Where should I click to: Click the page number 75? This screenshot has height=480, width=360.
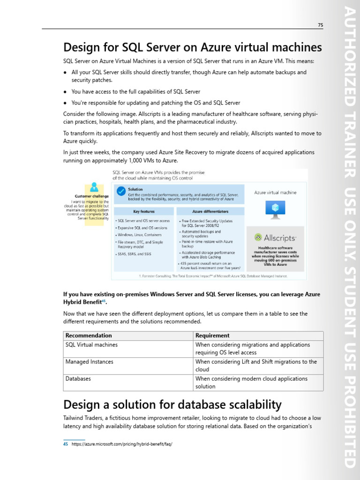(x=320, y=25)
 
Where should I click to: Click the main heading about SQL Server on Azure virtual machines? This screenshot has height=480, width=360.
(x=192, y=48)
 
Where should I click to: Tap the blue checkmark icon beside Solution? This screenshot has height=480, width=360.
(x=121, y=191)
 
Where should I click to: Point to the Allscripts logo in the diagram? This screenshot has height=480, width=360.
(x=275, y=238)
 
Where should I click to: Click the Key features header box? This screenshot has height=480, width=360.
(x=143, y=211)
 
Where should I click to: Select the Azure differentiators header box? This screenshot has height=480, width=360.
(x=210, y=211)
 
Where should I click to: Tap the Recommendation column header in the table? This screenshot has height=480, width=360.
(x=89, y=336)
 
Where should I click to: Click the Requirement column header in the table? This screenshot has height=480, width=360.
(x=212, y=336)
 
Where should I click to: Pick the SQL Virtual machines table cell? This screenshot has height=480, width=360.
(x=91, y=345)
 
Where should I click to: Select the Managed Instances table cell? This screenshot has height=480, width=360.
(x=89, y=362)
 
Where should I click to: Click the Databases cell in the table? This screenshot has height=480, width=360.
(x=78, y=379)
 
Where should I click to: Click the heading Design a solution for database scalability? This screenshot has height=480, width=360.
(x=172, y=405)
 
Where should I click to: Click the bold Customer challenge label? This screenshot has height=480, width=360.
(x=92, y=196)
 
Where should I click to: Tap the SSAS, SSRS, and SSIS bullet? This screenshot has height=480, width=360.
(x=135, y=254)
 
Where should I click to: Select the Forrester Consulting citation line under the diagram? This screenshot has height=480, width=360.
(x=213, y=276)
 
